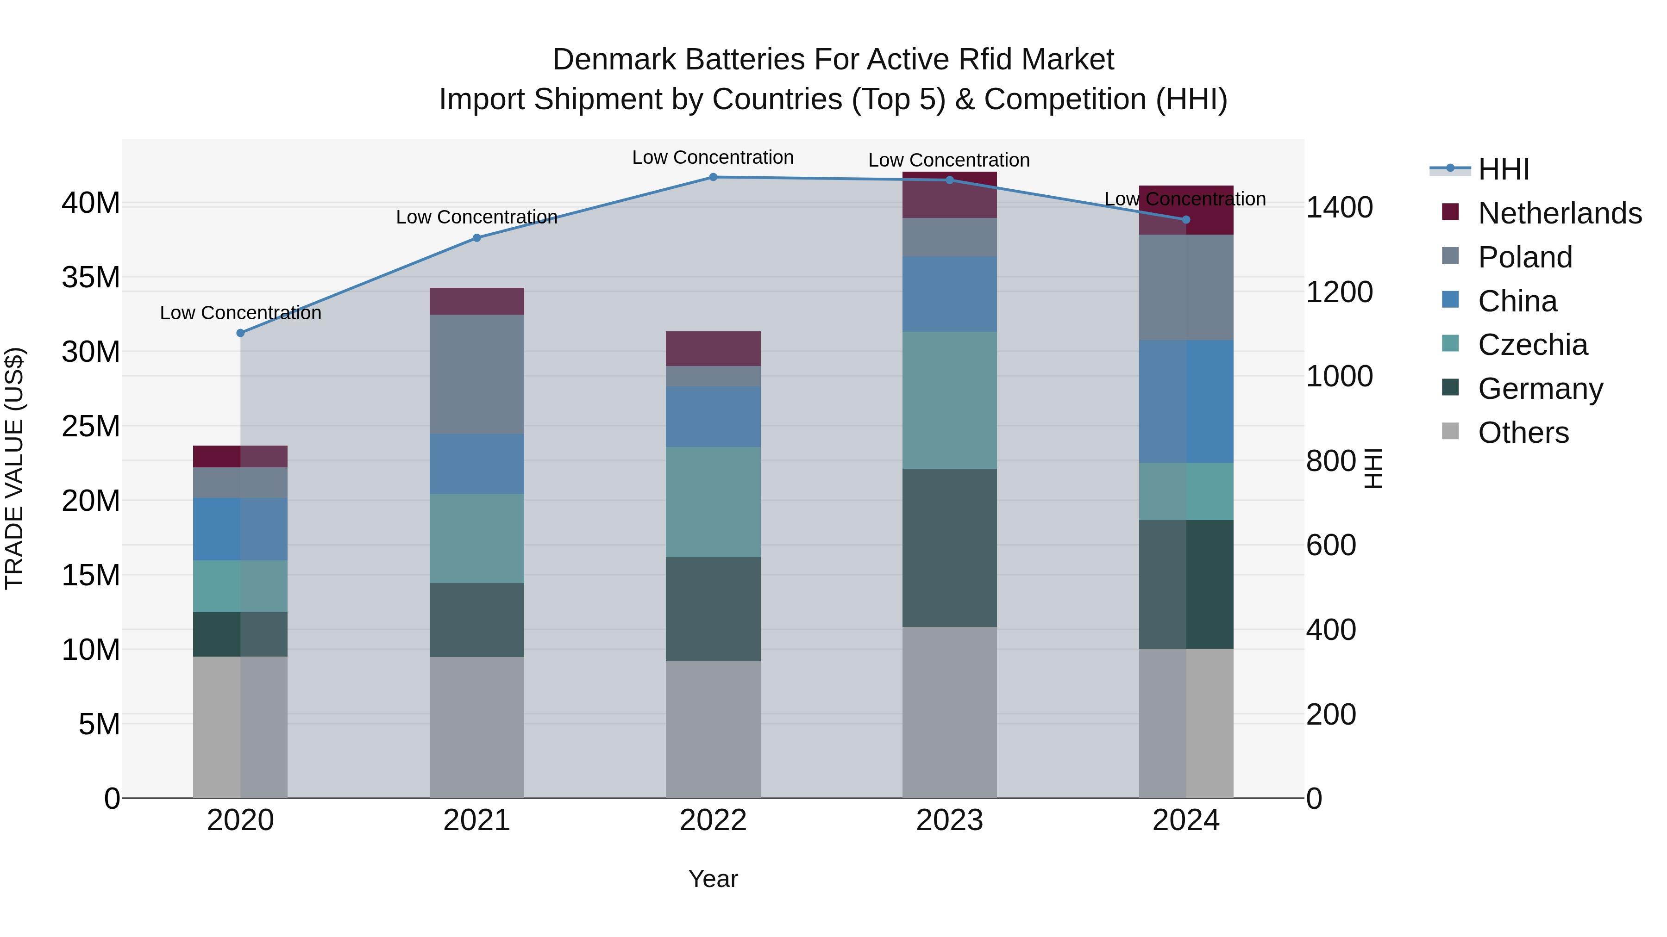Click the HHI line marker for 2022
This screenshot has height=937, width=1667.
click(x=713, y=177)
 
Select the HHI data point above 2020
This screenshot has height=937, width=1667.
click(x=240, y=333)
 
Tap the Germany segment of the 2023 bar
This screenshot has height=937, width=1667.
click(x=949, y=548)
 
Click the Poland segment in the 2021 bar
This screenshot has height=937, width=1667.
click(x=476, y=374)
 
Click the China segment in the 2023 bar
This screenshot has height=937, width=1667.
click(x=949, y=294)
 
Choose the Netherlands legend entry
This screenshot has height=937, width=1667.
click(x=1560, y=213)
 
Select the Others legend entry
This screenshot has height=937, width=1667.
click(x=1523, y=433)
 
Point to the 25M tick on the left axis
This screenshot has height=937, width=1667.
click(x=91, y=426)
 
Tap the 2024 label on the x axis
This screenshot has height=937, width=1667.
click(x=1185, y=820)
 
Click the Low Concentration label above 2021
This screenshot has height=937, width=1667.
click(x=476, y=217)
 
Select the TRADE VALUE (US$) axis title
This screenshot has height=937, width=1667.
click(x=14, y=468)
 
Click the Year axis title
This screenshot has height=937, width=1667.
click(x=713, y=879)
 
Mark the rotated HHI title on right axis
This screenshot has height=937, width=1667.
click(x=1372, y=468)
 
